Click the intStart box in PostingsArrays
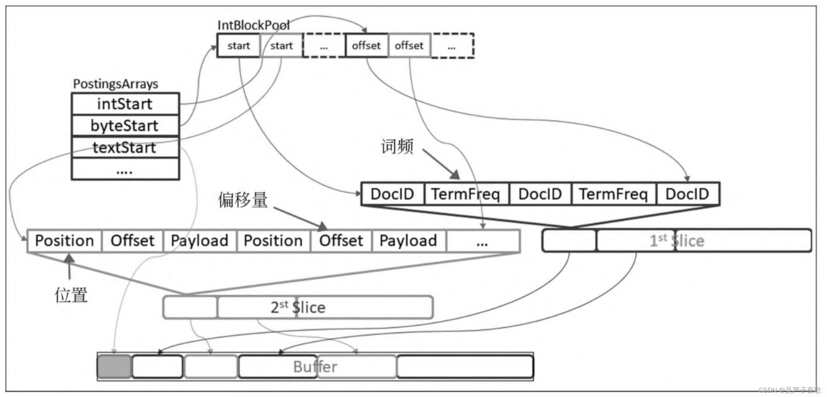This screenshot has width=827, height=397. coord(125,104)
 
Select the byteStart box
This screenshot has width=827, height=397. coord(125,126)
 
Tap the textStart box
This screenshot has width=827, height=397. coord(125,148)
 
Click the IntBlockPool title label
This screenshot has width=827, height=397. coord(253,25)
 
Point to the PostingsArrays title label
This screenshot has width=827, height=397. coord(116,84)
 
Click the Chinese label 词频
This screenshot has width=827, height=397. coord(397,146)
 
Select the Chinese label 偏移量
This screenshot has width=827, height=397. coord(243,200)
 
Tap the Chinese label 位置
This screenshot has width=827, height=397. coord(71,295)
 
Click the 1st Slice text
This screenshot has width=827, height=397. coord(677,241)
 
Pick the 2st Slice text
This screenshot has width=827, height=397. coord(298,307)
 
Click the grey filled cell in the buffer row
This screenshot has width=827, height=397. coord(114,366)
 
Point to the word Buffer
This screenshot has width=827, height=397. coord(315,367)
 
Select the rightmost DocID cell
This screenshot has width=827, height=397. coord(687,194)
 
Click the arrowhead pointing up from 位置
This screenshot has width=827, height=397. coord(69,258)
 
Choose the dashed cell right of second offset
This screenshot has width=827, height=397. coord(452,46)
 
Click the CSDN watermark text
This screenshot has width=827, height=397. coord(789,390)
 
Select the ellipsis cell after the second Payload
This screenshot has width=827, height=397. coord(482,241)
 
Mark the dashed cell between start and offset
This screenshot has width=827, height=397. coord(324,46)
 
